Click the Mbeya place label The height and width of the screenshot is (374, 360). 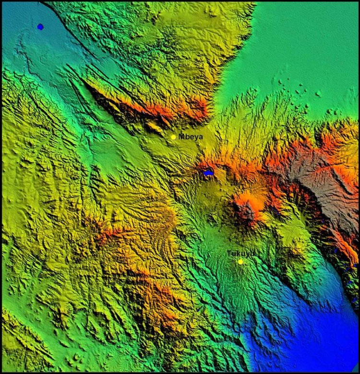pos(191,137)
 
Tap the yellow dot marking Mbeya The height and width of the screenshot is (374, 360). pos(173,137)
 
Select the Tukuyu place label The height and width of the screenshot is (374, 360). pos(240,253)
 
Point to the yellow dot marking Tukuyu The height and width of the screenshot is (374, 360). pos(240,262)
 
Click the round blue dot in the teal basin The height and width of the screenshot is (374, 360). pos(40,27)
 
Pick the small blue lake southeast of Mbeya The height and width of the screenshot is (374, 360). pos(208,173)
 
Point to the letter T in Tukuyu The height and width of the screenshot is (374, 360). pos(229,253)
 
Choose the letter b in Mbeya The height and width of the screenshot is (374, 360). pos(187,137)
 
